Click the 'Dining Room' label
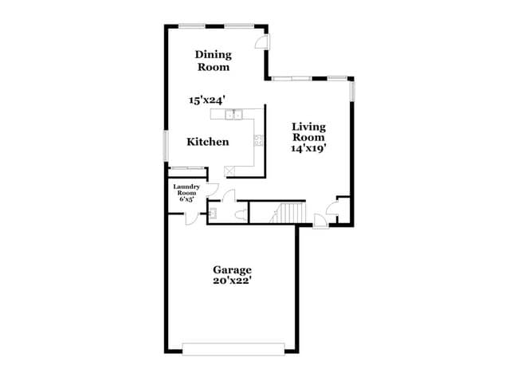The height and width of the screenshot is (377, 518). click(214, 61)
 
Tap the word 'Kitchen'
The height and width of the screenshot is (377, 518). click(208, 142)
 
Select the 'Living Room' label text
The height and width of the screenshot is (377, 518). click(309, 131)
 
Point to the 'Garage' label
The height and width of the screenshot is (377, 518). click(232, 269)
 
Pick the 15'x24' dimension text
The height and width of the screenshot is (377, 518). click(207, 100)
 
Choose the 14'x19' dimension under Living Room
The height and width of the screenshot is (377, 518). click(310, 147)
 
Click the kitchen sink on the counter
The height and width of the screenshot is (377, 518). click(233, 116)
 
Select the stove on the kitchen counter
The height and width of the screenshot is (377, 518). click(258, 142)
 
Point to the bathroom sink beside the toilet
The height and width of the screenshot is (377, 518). click(214, 213)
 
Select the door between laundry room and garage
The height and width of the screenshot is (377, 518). click(191, 218)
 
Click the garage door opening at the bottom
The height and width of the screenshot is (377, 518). click(233, 348)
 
